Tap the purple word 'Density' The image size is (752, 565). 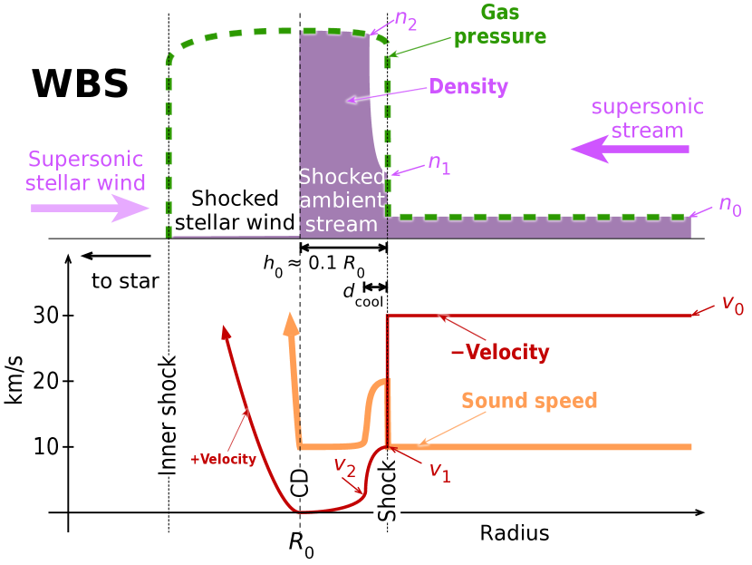click(468, 87)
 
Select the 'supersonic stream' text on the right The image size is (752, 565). click(647, 119)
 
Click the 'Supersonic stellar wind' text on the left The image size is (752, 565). click(85, 171)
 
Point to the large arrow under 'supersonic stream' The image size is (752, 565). click(630, 149)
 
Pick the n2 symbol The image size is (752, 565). click(406, 20)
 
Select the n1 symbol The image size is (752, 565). click(439, 164)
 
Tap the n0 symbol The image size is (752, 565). click(729, 206)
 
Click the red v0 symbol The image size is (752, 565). click(732, 304)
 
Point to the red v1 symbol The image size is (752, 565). click(439, 471)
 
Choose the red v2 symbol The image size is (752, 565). click(344, 466)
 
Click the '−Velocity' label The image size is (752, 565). click(500, 353)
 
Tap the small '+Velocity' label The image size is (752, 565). click(223, 460)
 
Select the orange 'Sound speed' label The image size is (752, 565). click(529, 401)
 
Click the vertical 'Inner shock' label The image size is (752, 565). click(168, 415)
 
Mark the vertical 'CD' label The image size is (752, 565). click(300, 482)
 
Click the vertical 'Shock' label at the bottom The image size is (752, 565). click(387, 491)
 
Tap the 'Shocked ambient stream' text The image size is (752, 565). click(342, 200)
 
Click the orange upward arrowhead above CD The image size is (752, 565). click(291, 325)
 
